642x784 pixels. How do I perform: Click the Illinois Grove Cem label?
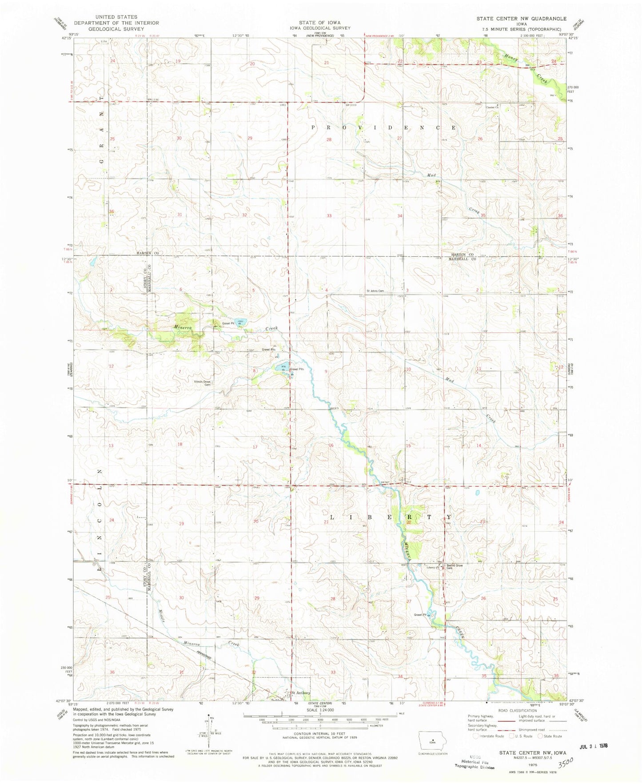point(201,383)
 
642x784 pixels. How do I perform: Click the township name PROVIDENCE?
point(383,127)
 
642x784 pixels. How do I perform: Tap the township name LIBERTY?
point(390,517)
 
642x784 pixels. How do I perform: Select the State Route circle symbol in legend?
point(541,736)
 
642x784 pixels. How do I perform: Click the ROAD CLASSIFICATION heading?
point(517,711)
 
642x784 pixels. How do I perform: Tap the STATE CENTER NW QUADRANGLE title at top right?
point(521,19)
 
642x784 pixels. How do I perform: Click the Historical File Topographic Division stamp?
point(475,762)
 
